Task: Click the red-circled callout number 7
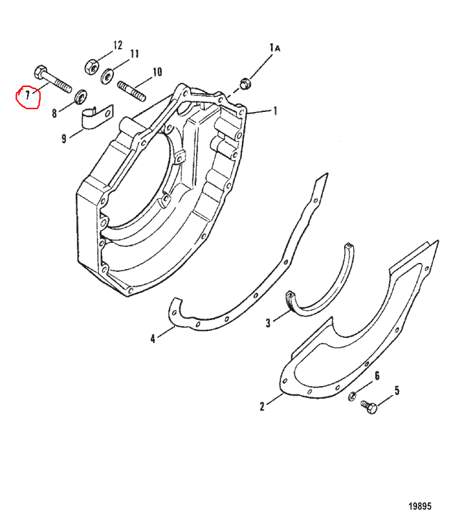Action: (x=27, y=95)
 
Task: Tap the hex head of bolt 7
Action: (x=40, y=72)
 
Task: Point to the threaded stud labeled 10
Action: (x=131, y=90)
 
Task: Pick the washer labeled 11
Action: (x=107, y=76)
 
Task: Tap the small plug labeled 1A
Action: (x=245, y=83)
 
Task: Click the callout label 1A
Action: (x=275, y=48)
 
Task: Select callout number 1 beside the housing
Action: (x=275, y=111)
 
